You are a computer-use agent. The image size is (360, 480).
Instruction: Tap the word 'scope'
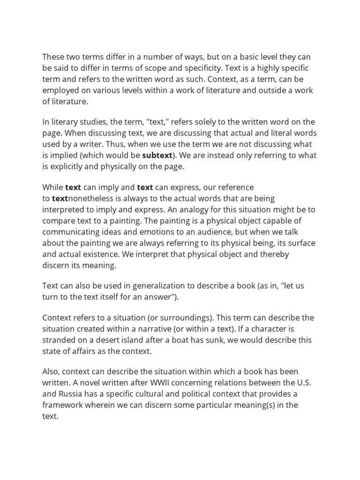tap(171, 68)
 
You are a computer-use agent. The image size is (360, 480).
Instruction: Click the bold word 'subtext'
tap(157, 155)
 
